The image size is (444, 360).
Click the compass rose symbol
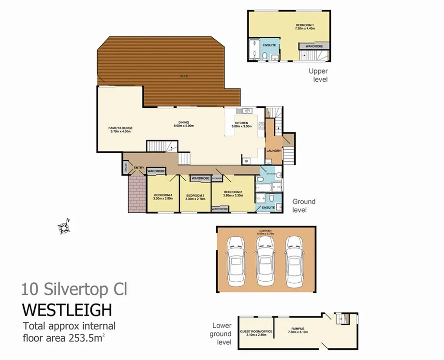point(64,226)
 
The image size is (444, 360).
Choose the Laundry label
point(273,151)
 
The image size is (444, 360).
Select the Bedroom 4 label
point(163,196)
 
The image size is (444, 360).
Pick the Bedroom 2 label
point(233,192)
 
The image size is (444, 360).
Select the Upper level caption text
point(318,75)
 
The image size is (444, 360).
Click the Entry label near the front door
point(139,168)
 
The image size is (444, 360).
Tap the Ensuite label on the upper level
point(269,45)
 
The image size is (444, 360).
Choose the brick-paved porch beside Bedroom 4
point(137,193)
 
